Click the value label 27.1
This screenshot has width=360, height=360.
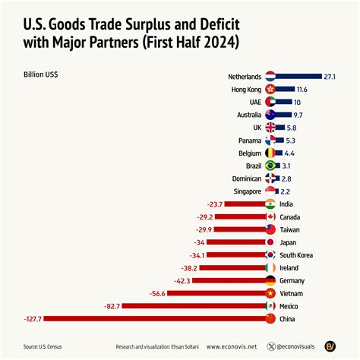[330, 76]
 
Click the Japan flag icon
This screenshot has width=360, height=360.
[270, 242]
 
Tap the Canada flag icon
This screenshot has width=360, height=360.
[270, 216]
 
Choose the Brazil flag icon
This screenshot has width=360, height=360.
[270, 165]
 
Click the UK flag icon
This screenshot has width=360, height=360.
[270, 127]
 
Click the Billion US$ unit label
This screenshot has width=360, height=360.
[43, 74]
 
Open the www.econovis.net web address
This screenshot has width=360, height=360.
[231, 346]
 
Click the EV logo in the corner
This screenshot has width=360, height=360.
[331, 346]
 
